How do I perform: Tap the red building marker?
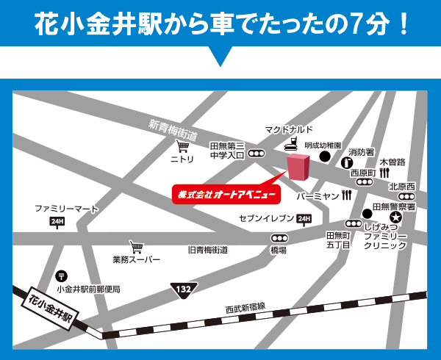298,168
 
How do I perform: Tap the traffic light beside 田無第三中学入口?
257,154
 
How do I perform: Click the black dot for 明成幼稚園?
324,156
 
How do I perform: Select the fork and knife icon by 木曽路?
384,172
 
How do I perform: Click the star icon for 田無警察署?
396,217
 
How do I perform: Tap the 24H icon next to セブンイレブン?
304,219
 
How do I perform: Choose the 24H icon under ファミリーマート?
57,221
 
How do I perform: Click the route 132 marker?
183,291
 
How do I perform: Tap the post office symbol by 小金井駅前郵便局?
60,276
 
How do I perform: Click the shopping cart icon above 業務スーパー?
135,247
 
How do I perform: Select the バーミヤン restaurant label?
318,197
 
